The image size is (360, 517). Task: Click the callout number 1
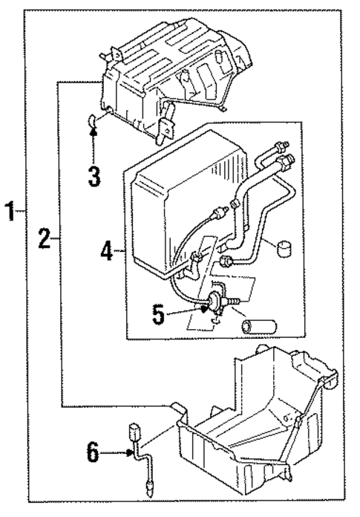tap(10, 213)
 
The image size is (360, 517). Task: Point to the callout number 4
tap(108, 251)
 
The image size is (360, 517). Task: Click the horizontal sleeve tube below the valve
tap(260, 325)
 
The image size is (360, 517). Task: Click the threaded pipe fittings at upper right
tap(283, 154)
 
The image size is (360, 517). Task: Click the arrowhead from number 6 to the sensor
tap(127, 452)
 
